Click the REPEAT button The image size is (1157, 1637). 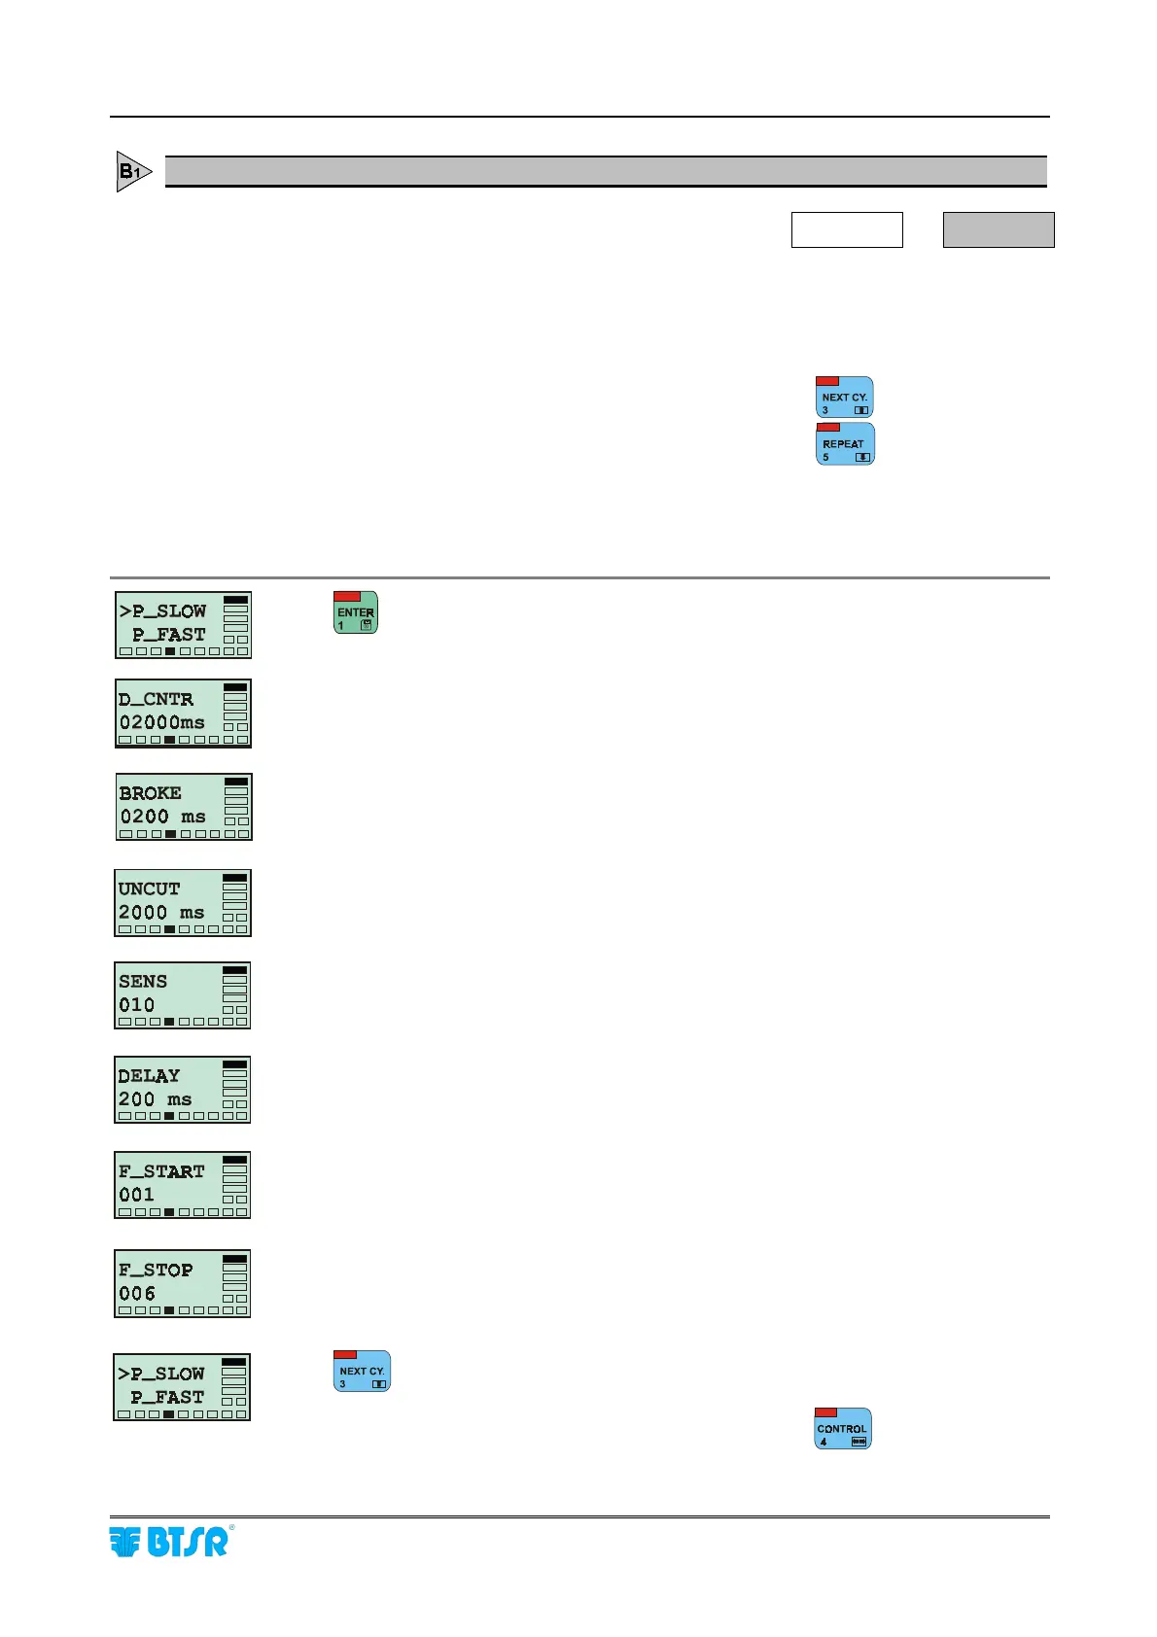845,444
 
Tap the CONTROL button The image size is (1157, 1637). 842,1428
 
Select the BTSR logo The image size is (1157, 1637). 170,1542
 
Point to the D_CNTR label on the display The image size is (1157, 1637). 156,699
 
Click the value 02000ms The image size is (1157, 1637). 162,722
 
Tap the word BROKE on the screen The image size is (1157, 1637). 150,793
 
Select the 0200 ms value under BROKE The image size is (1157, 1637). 162,817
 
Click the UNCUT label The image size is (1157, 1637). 149,888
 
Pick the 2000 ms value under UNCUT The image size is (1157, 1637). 161,912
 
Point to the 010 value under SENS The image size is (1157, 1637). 136,1005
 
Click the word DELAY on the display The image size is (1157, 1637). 149,1076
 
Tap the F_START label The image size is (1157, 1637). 161,1171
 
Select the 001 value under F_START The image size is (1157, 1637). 136,1195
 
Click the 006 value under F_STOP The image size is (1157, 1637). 136,1294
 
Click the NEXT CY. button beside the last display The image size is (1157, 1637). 362,1371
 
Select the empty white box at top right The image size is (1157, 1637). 847,230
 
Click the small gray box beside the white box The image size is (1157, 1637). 999,230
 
